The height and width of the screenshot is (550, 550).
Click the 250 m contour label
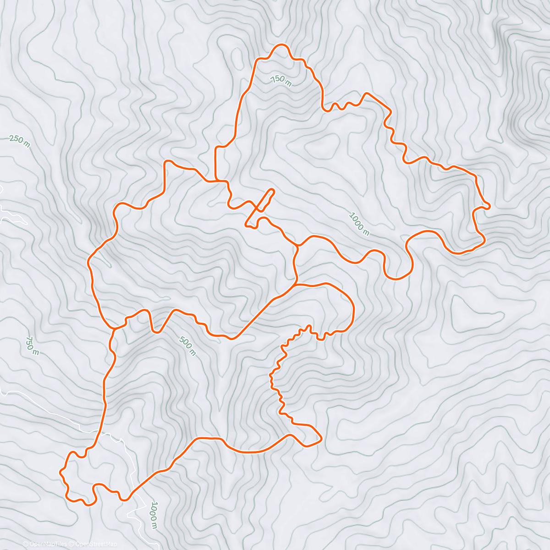(19, 142)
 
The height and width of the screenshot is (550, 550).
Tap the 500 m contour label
(187, 346)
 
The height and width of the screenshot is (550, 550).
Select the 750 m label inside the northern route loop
(281, 81)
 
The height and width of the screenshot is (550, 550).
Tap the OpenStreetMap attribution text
(96, 544)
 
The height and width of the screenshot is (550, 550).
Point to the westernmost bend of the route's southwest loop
(61, 471)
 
